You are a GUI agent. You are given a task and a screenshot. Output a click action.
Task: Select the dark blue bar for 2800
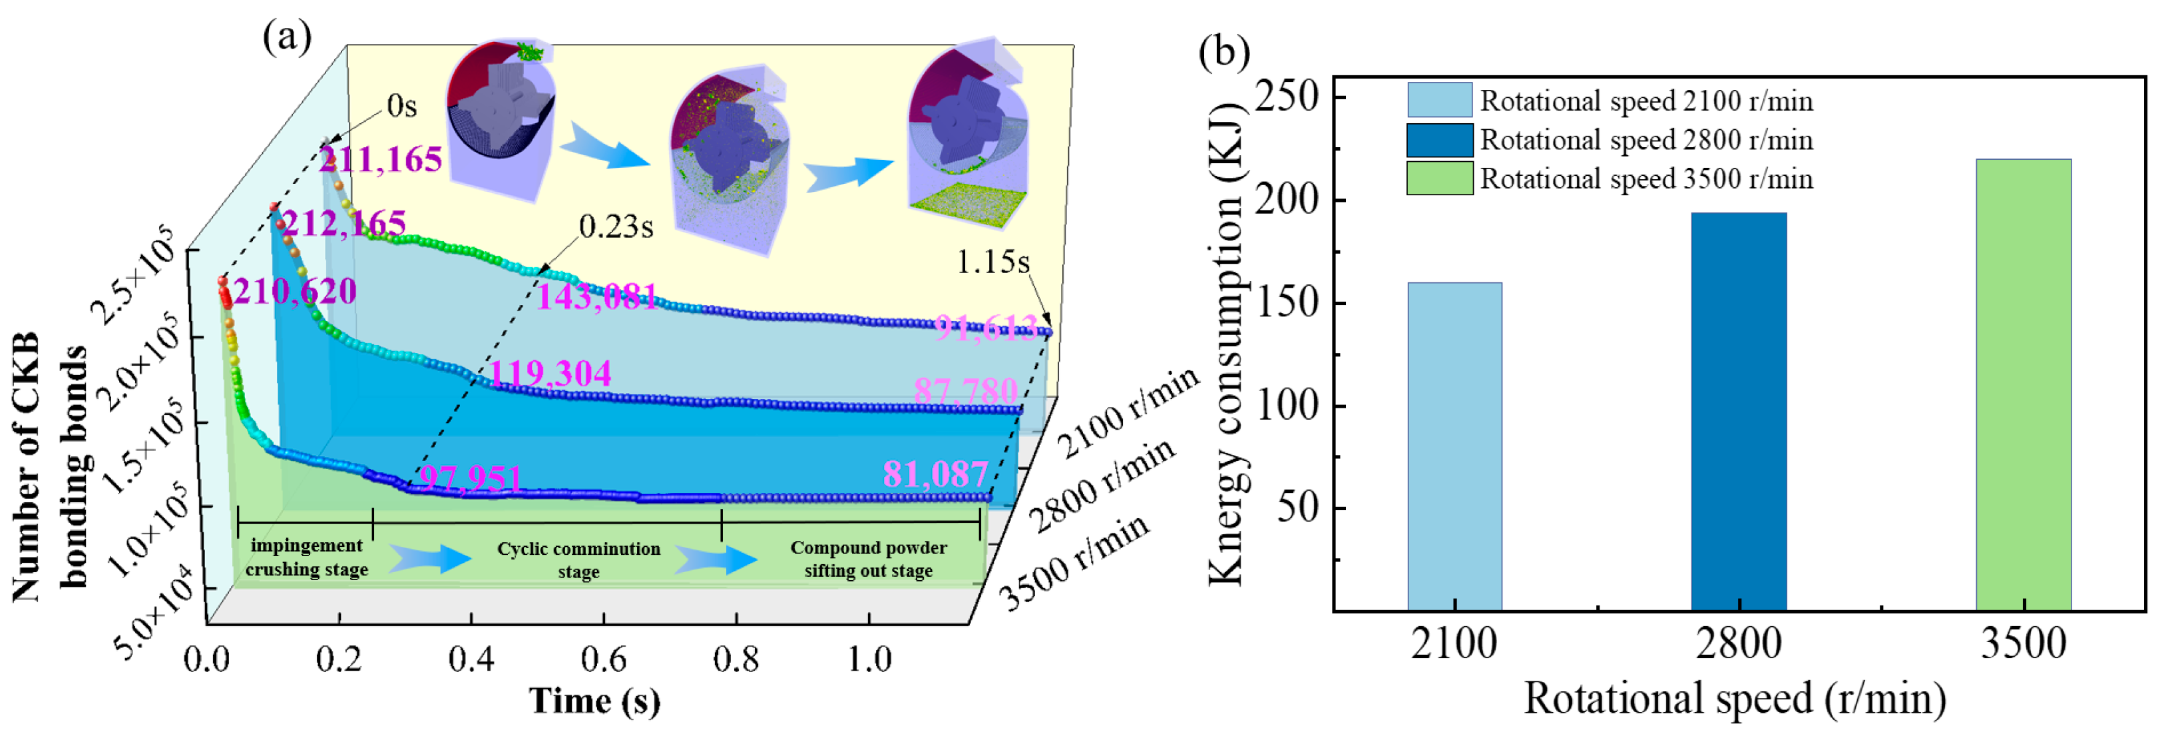tap(1738, 411)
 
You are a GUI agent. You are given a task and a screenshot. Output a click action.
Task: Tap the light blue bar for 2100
tap(1454, 446)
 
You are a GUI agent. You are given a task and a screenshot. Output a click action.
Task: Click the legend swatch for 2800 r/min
tap(1439, 139)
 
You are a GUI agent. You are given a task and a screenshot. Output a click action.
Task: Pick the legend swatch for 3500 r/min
tap(1439, 178)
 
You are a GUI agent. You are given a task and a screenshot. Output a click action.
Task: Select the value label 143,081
tap(596, 296)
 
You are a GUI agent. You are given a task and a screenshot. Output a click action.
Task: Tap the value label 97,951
tap(471, 479)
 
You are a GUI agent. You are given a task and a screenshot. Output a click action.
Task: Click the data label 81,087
tap(935, 475)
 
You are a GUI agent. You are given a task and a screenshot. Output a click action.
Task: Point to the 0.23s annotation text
tap(616, 227)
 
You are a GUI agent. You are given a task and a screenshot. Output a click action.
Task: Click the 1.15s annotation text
tap(993, 262)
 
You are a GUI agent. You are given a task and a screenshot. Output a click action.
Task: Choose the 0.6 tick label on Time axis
tap(603, 659)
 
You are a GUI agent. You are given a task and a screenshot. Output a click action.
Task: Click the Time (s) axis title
tap(594, 701)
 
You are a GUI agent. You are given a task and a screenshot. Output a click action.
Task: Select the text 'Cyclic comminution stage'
tap(579, 559)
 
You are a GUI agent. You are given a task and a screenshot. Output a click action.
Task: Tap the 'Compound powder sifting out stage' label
tap(869, 559)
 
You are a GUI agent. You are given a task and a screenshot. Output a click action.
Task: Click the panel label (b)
tap(1223, 52)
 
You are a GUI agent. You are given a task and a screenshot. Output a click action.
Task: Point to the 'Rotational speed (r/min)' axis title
tap(1735, 699)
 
